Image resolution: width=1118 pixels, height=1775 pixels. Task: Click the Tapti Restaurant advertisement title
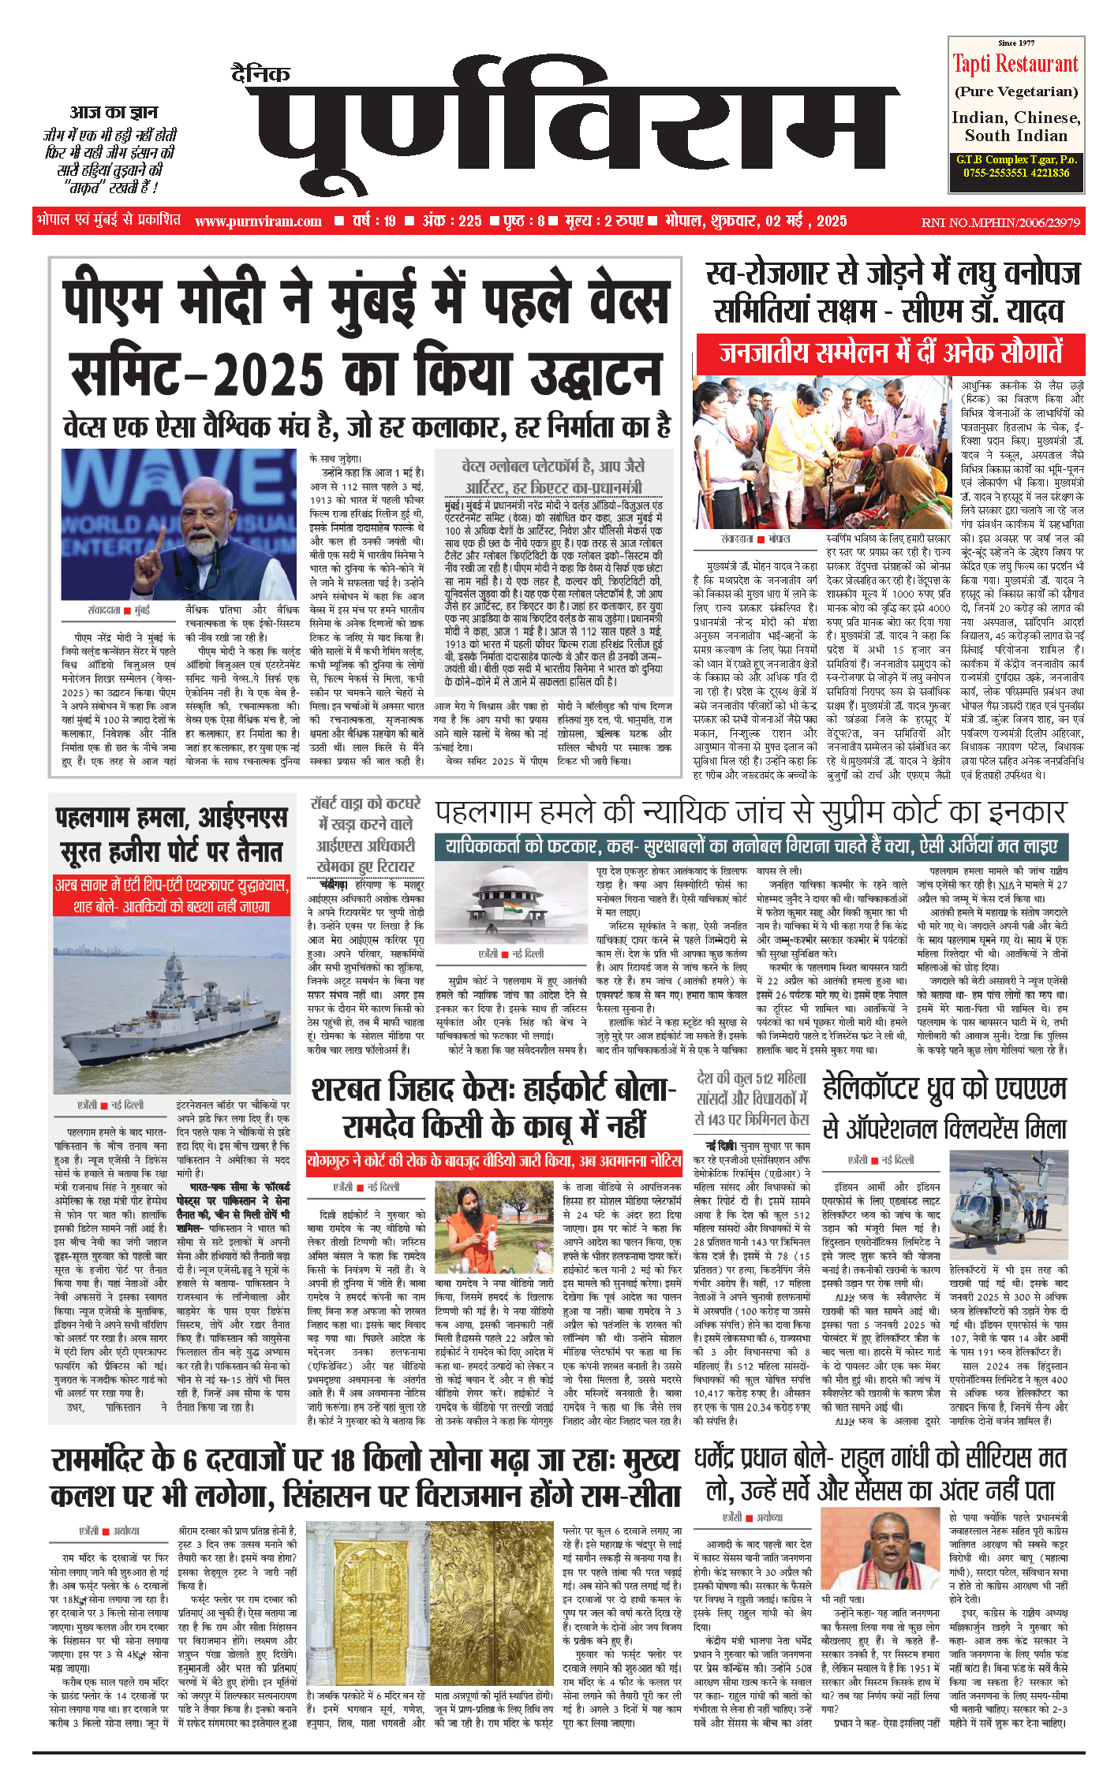[x=1015, y=64]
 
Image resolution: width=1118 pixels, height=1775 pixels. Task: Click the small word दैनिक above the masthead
[x=261, y=74]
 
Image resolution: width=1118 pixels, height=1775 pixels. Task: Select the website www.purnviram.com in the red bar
[x=258, y=222]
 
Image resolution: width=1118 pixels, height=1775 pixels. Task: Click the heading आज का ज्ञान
[x=114, y=113]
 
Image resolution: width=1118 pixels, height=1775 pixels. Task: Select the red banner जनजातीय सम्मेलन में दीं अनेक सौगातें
[x=891, y=352]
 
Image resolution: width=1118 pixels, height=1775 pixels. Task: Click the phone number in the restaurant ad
[x=1015, y=173]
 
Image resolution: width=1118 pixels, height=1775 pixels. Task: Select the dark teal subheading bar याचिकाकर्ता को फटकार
[x=751, y=847]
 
